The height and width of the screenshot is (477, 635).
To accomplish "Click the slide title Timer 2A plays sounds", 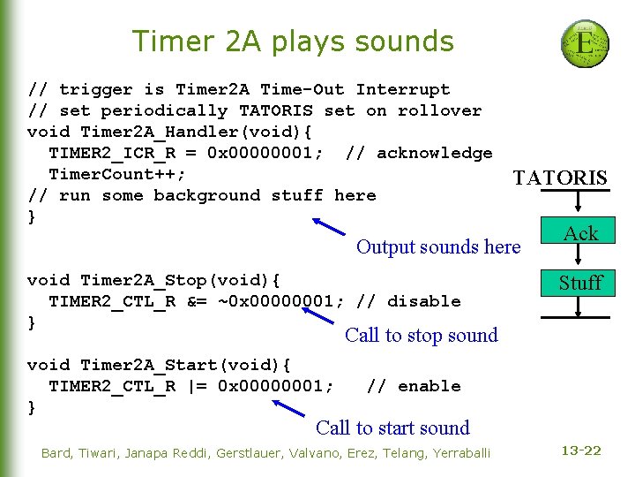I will click(292, 42).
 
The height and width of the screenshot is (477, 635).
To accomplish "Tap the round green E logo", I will click(585, 43).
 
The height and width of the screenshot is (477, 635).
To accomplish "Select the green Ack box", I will click(580, 233).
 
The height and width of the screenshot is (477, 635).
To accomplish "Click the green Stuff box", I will click(579, 283).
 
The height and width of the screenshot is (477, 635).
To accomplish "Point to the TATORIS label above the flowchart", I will click(560, 178).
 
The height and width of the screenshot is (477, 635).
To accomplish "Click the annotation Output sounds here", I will click(438, 247).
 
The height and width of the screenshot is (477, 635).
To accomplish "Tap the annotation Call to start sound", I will click(392, 428).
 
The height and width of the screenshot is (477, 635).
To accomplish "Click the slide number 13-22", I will click(580, 450).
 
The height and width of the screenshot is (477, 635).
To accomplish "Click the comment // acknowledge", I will click(419, 153).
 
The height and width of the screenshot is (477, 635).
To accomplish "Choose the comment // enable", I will click(414, 386).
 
